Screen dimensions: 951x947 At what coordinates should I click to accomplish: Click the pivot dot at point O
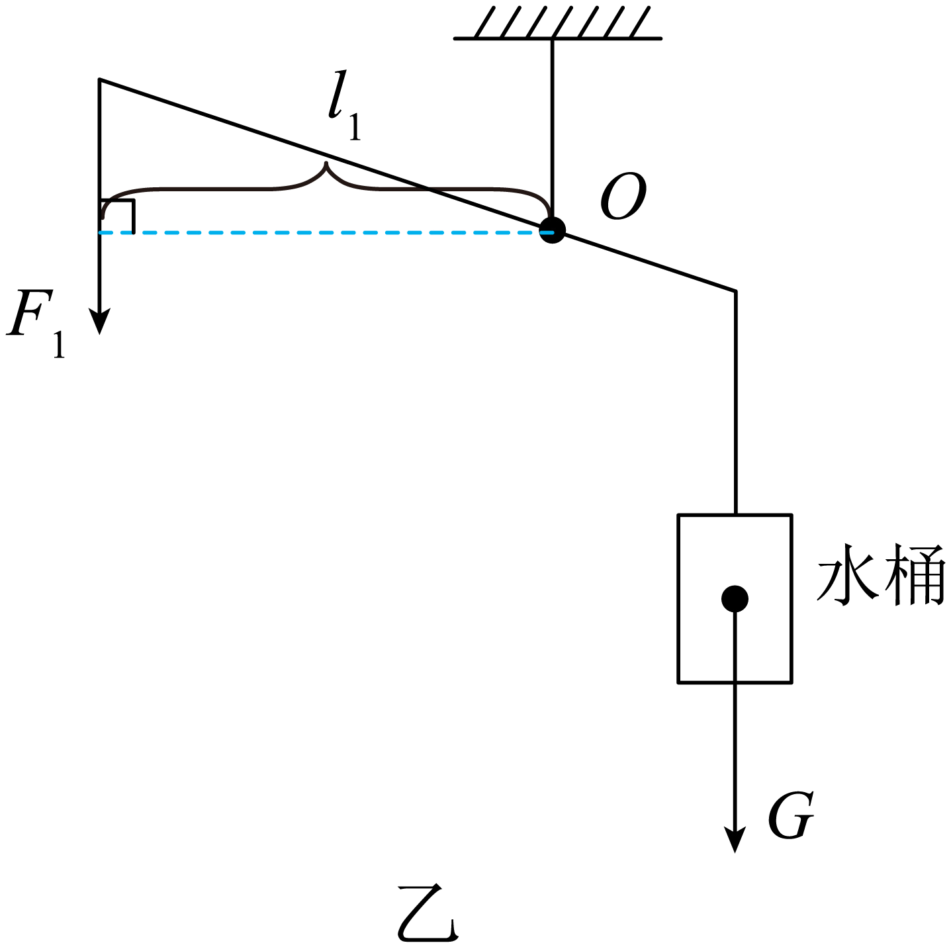tap(552, 230)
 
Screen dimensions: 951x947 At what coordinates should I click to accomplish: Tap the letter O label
tap(623, 196)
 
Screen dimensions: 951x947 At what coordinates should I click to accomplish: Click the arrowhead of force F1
tap(100, 321)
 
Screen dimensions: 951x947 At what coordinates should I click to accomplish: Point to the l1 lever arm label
tap(345, 105)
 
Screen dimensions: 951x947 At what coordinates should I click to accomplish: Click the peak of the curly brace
tap(326, 162)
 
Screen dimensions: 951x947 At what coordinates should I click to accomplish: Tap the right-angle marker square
tap(117, 216)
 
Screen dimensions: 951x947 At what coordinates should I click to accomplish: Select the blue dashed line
tap(326, 232)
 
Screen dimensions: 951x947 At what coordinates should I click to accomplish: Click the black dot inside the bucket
tap(735, 599)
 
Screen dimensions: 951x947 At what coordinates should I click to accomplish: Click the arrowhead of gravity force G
tap(735, 838)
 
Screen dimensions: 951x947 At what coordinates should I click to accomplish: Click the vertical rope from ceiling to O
tap(552, 128)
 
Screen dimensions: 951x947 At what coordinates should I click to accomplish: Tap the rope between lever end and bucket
tap(735, 403)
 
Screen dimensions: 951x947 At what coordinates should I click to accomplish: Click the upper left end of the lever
tap(100, 79)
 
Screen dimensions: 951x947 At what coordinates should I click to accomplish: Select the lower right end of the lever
tap(735, 291)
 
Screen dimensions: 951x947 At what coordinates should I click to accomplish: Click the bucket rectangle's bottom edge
tap(735, 683)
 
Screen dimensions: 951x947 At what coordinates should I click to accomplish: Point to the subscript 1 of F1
tap(59, 345)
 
